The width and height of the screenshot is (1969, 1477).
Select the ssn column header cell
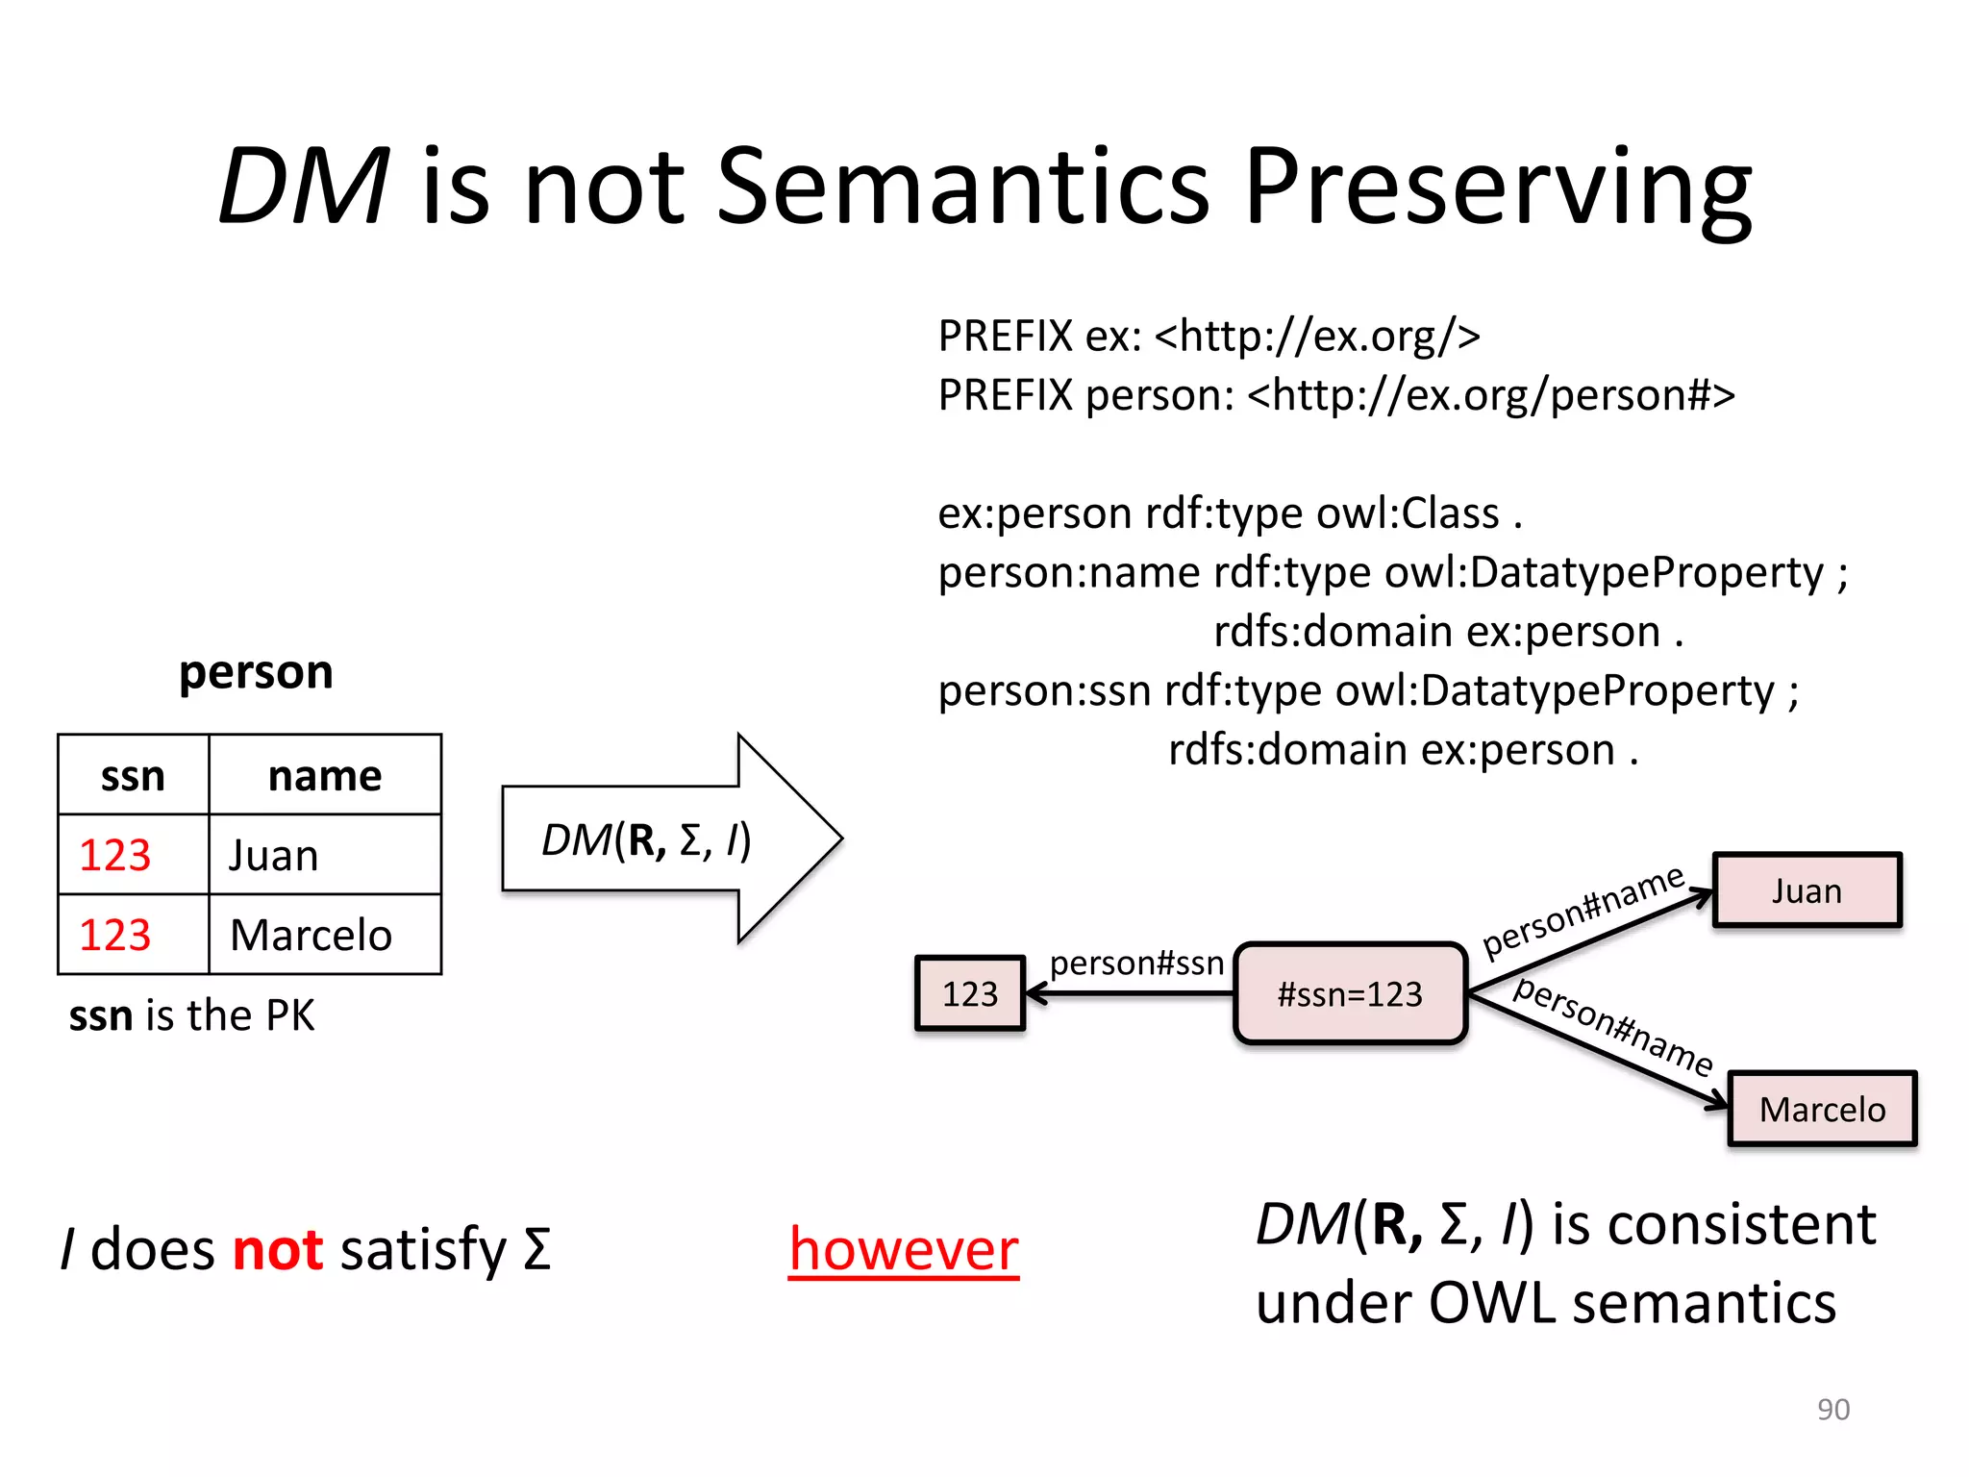point(133,775)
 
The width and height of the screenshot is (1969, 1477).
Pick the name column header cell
point(325,775)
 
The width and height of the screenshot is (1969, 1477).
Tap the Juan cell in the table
point(324,855)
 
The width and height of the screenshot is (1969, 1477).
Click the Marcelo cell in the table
point(324,935)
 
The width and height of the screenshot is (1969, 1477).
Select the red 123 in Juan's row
point(115,855)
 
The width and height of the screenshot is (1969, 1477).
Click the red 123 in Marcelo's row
point(115,935)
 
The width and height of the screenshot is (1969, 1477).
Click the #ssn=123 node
point(1350,993)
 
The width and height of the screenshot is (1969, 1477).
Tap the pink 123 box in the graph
point(970,993)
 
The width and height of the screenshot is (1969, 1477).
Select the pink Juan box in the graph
point(1807,890)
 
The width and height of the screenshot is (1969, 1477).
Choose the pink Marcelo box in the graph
point(1822,1109)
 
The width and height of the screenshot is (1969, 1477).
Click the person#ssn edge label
point(1136,963)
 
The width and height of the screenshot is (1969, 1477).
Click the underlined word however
point(903,1249)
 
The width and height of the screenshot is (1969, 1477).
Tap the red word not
point(278,1249)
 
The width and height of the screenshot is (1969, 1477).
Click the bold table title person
point(256,671)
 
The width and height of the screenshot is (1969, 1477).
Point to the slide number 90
point(1832,1409)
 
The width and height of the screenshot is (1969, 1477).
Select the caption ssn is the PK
point(191,1015)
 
